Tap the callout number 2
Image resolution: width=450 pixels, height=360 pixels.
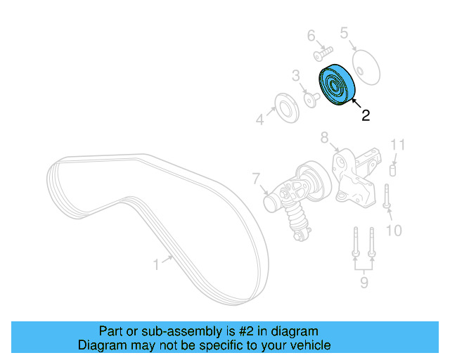click(x=365, y=116)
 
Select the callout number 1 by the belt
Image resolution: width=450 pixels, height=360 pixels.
click(x=157, y=264)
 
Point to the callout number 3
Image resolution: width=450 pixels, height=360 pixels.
click(x=296, y=75)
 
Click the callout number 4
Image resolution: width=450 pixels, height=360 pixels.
click(x=259, y=120)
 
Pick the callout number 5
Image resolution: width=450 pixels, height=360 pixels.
click(x=344, y=32)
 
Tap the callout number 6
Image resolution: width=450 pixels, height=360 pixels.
click(x=311, y=35)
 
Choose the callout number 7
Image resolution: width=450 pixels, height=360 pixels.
click(x=256, y=179)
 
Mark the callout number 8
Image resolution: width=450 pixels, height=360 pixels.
click(x=324, y=137)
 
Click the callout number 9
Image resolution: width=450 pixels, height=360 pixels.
click(x=364, y=283)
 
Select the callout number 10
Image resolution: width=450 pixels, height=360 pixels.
click(x=394, y=230)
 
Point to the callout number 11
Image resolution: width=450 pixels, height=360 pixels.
click(x=398, y=146)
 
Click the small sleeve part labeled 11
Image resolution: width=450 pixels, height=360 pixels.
click(x=394, y=169)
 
